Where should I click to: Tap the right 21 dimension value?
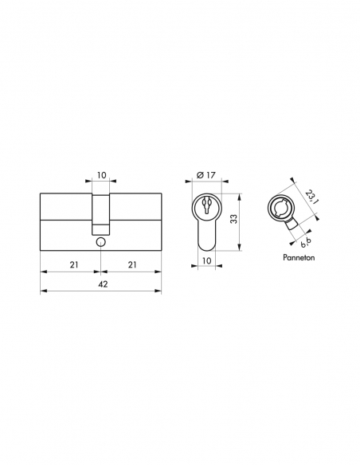pos(131,264)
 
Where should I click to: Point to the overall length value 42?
pos(100,283)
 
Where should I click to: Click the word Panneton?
pos(299,259)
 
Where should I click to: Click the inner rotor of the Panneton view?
pos(282,209)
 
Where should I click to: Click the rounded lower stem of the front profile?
pos(205,239)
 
